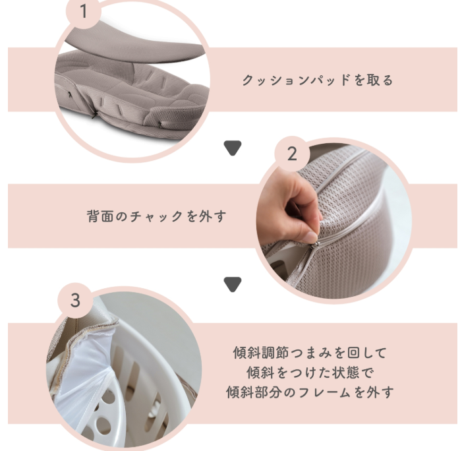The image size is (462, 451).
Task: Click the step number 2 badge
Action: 292,154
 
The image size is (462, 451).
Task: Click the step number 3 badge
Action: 75,300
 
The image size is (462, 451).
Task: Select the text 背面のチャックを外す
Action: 156,216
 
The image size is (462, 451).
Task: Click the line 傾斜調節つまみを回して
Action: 310,352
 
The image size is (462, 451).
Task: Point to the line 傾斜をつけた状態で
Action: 310,372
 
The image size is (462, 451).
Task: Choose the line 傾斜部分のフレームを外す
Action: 310,392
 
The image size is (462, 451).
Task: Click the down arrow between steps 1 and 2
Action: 233,148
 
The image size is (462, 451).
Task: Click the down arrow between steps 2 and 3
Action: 233,284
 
